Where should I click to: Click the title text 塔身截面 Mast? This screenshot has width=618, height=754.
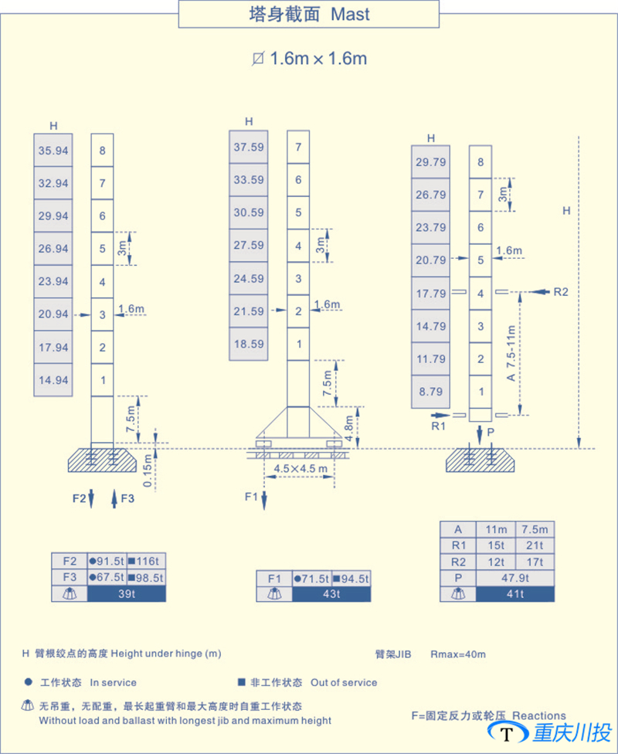(x=309, y=14)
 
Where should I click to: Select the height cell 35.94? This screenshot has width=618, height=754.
(x=53, y=151)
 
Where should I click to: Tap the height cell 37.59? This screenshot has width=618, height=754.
(x=249, y=147)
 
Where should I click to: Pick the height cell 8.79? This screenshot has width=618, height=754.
(x=431, y=392)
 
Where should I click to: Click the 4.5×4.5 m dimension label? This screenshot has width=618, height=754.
(x=296, y=468)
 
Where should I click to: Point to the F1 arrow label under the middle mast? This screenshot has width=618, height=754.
(x=250, y=496)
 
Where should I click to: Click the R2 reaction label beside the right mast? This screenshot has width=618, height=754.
(x=561, y=292)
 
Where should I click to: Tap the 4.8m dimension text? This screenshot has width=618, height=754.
(x=350, y=426)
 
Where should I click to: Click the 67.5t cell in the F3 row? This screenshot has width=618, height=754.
(x=107, y=577)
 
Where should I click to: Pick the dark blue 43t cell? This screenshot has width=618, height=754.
(x=332, y=593)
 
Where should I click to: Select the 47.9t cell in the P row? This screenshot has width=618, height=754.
(x=515, y=578)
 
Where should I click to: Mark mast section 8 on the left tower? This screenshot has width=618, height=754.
(x=102, y=151)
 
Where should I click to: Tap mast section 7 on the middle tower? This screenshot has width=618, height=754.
(x=298, y=147)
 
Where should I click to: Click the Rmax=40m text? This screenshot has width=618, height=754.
(x=458, y=654)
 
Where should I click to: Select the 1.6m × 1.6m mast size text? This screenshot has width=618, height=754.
(x=309, y=59)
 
